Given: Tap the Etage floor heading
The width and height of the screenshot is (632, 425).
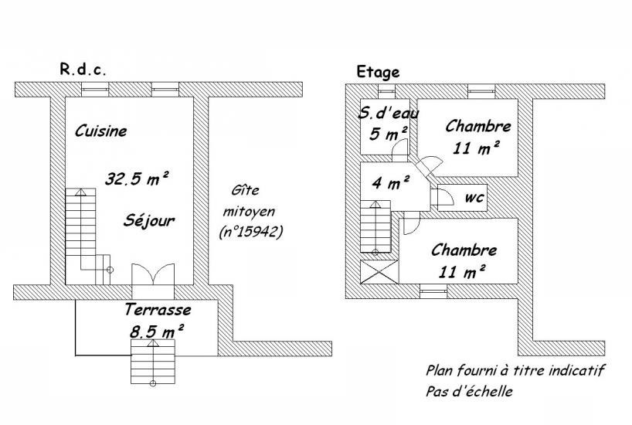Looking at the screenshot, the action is pos(378,72).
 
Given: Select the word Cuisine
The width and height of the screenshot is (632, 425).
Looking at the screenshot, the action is pos(100,131).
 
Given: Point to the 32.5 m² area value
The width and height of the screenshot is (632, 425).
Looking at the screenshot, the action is pos(136,178).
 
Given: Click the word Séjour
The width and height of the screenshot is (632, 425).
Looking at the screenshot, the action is pos(149,220).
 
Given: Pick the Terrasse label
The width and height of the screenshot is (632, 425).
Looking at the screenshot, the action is pos(158,310).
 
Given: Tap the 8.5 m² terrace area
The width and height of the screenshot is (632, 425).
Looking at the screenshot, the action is pos(157,331).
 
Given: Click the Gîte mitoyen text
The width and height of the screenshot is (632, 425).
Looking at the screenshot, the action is pos(249,200).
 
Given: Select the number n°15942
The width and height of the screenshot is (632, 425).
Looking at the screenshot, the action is pos(250,232).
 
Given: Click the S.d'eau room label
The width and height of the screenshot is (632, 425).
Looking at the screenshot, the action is pos(388,114).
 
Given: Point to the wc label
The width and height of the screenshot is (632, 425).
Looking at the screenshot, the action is pos(474,198).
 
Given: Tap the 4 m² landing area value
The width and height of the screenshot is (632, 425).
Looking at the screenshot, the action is pos(391,182).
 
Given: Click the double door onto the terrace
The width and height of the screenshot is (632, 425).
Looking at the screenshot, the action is pos(153,274).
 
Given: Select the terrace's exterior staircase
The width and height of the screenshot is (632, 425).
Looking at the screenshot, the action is pos(153,362).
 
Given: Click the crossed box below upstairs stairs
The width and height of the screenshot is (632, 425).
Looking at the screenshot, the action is pos(379,272).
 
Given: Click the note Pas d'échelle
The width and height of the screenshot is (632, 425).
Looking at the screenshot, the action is pos(469,391).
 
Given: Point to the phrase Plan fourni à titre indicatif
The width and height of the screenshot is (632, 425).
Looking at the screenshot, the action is pos(515,370).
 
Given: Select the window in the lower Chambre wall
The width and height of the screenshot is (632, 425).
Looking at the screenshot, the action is pos(433,291).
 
